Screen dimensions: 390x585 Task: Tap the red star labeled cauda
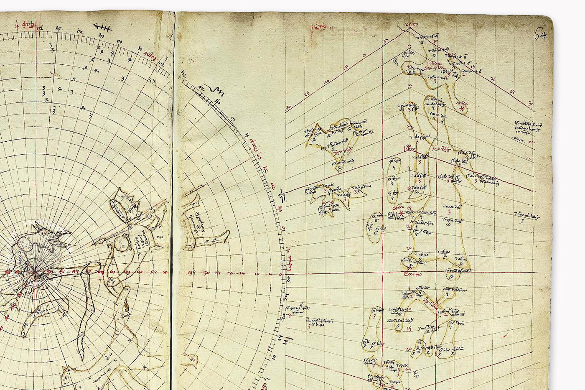click(462, 109)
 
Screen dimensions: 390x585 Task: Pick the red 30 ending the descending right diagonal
click(531, 104)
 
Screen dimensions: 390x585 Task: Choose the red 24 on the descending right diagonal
click(512, 91)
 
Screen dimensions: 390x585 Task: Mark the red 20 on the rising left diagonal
click(326, 81)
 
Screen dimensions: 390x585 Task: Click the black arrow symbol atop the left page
click(102, 29)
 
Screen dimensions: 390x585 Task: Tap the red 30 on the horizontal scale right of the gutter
click(206, 273)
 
